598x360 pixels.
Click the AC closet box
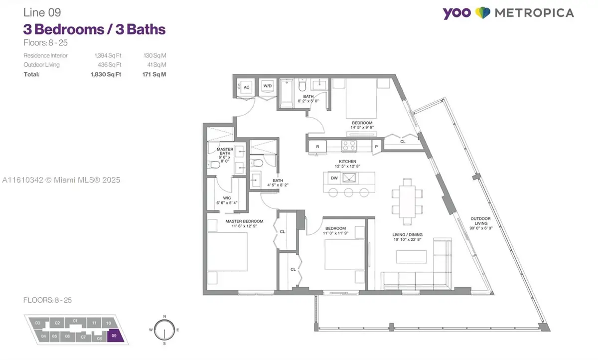pos(246,87)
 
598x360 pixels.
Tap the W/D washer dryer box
pos(268,86)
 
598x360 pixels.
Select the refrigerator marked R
pos(317,146)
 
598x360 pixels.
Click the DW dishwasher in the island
pos(334,178)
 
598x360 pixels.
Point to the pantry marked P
pos(376,146)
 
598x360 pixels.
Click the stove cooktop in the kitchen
pos(348,146)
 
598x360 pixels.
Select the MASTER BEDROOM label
pos(244,221)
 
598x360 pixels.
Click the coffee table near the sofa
pos(412,256)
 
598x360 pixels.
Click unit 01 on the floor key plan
pos(75,321)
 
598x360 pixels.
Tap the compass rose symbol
pos(163,330)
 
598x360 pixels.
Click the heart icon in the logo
pos(482,13)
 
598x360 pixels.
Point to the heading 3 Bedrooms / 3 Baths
pos(94,29)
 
